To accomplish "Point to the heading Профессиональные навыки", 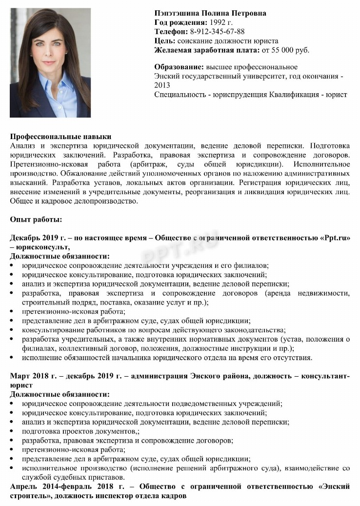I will click(x=61, y=137).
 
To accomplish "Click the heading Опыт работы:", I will click(x=36, y=220).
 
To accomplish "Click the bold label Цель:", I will click(x=165, y=41).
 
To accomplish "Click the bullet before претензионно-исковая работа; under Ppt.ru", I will click(x=13, y=312).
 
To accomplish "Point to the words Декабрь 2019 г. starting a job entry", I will click(x=37, y=238).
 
